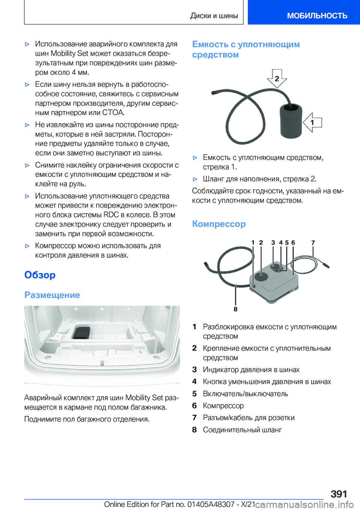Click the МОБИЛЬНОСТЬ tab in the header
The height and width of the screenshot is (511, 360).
317,16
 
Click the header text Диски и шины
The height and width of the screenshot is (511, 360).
214,16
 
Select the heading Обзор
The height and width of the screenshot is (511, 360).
40,275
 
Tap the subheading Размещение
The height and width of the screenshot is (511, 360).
52,295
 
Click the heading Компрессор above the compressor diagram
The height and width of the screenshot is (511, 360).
219,224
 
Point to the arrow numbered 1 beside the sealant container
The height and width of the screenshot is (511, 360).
312,122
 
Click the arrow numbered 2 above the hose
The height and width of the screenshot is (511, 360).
277,78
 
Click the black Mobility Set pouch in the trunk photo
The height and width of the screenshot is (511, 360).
81,332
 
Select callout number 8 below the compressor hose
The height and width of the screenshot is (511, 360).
235,309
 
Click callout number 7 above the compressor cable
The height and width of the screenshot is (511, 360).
313,243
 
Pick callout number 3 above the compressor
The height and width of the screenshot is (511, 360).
273,243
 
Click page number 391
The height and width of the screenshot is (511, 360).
339,494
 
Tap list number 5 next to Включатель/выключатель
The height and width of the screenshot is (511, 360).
194,394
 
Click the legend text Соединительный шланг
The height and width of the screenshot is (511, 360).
242,430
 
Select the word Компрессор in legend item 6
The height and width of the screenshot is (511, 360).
223,406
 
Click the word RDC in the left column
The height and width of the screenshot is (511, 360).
111,215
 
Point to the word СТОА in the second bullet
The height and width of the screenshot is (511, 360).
113,113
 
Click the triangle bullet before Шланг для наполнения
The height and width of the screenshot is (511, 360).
195,179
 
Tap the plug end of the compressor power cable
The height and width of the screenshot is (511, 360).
326,265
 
